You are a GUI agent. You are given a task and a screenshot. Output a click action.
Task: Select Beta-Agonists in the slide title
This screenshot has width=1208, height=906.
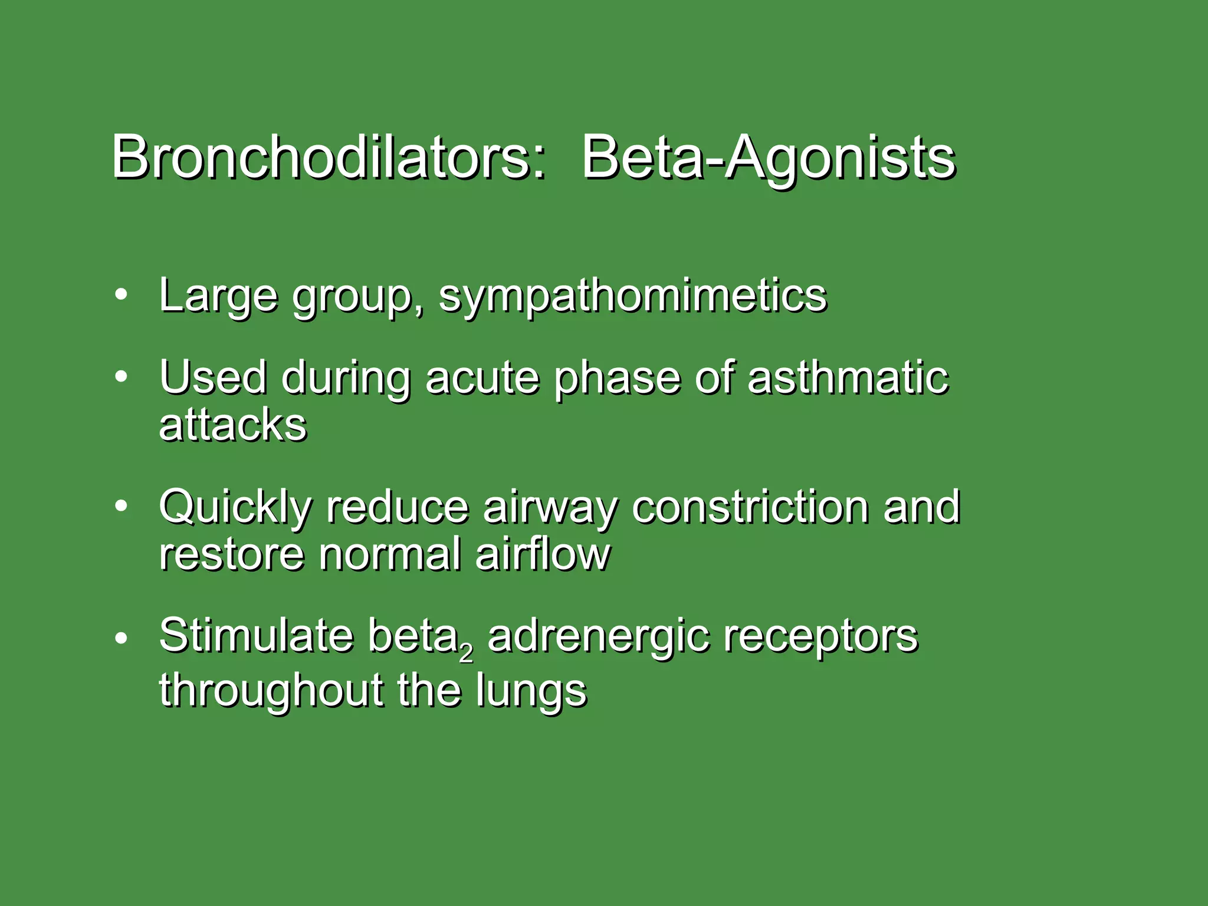point(768,158)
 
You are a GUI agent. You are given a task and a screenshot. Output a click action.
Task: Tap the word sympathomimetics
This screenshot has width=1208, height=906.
point(633,296)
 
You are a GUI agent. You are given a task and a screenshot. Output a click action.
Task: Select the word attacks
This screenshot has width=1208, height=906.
point(233,425)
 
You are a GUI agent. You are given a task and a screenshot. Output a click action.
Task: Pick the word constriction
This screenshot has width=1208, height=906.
point(750,507)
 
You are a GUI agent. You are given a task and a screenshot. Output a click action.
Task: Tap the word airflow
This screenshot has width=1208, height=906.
point(543,554)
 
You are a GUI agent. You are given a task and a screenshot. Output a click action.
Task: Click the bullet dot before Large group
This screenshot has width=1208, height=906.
point(121,296)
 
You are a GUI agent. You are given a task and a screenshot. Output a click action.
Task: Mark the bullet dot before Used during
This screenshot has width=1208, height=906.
point(121,377)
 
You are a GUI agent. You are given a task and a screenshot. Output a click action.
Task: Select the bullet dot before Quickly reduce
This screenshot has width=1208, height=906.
point(121,506)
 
